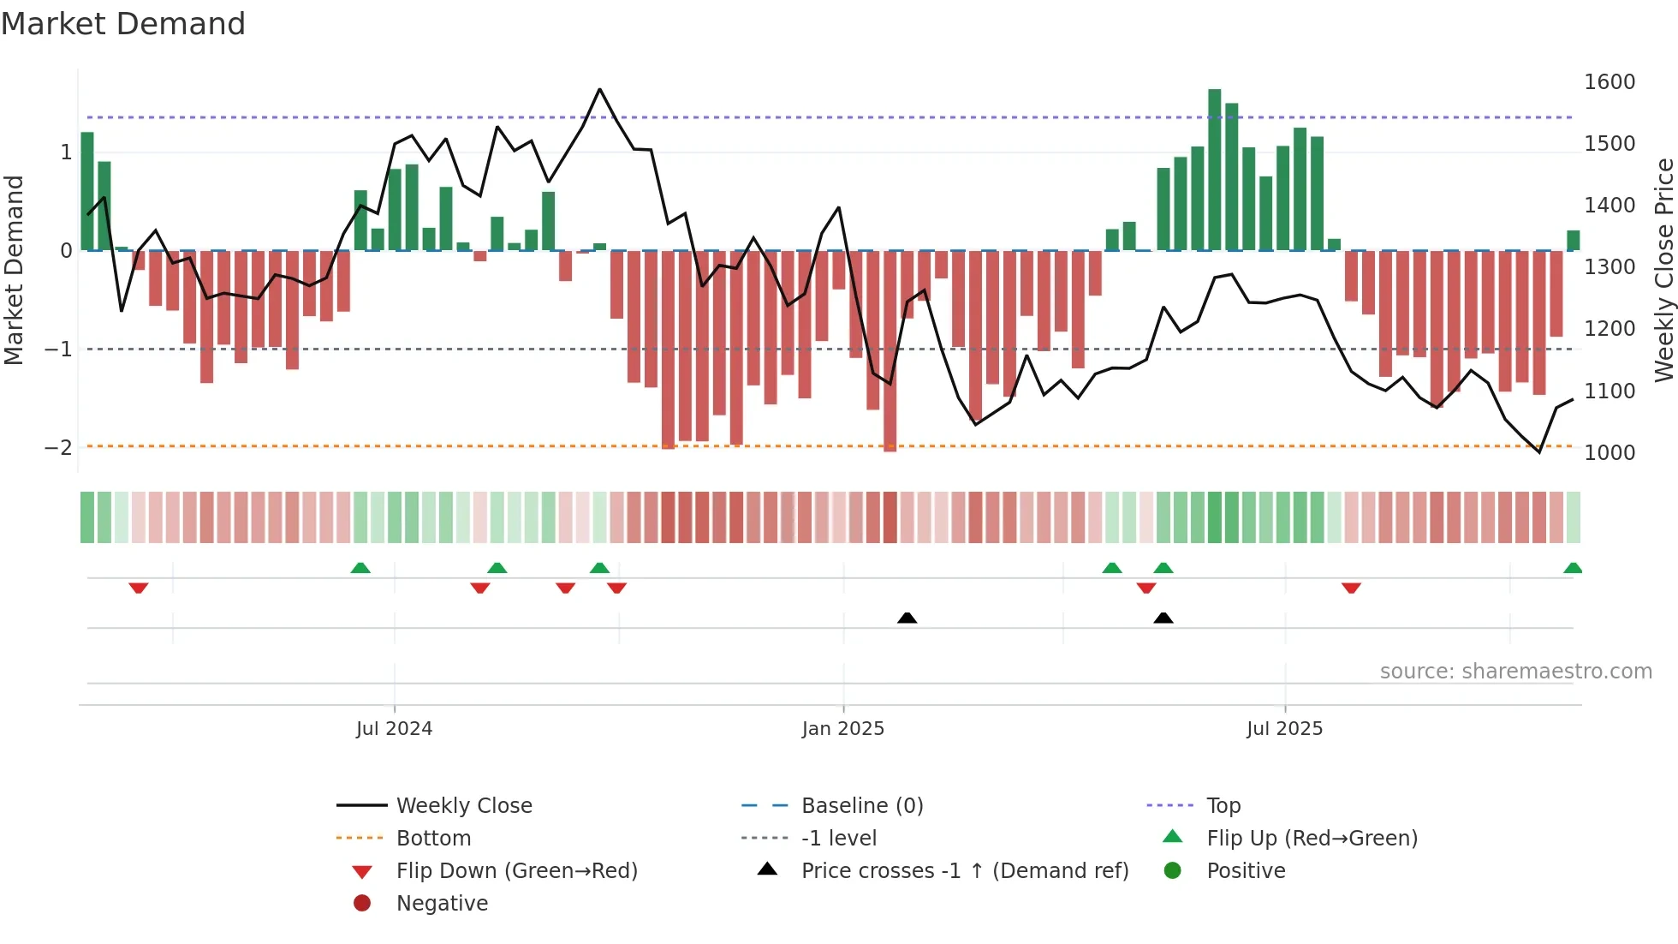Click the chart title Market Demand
[x=123, y=24]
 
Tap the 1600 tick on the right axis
[x=1610, y=82]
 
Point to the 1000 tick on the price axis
[x=1610, y=453]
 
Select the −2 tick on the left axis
[x=58, y=448]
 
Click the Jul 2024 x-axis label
[x=394, y=729]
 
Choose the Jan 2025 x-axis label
[x=842, y=729]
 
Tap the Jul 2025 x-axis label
[x=1284, y=729]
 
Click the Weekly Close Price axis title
[x=1663, y=270]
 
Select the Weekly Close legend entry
[x=463, y=806]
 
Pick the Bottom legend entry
[x=433, y=839]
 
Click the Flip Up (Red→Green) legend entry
[x=1312, y=839]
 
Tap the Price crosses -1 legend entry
[x=964, y=871]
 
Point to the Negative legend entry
[x=442, y=904]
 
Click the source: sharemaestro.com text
[x=1515, y=672]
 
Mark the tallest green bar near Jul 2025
[x=1214, y=170]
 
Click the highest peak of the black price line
[x=599, y=89]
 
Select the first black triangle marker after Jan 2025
[x=907, y=618]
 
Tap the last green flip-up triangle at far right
[x=1573, y=568]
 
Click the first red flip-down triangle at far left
[x=139, y=588]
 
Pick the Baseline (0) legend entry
[x=861, y=806]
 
